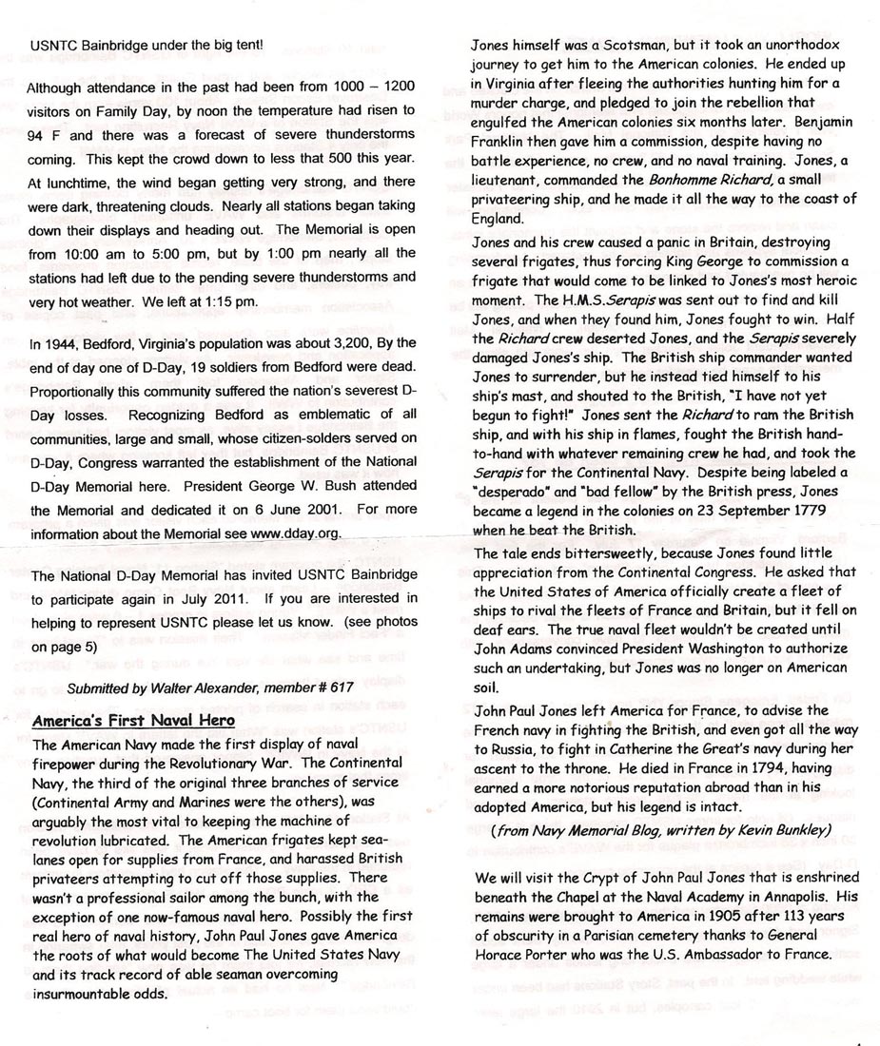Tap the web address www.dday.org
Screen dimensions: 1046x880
pos(294,533)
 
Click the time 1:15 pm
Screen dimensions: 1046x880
pos(232,300)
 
